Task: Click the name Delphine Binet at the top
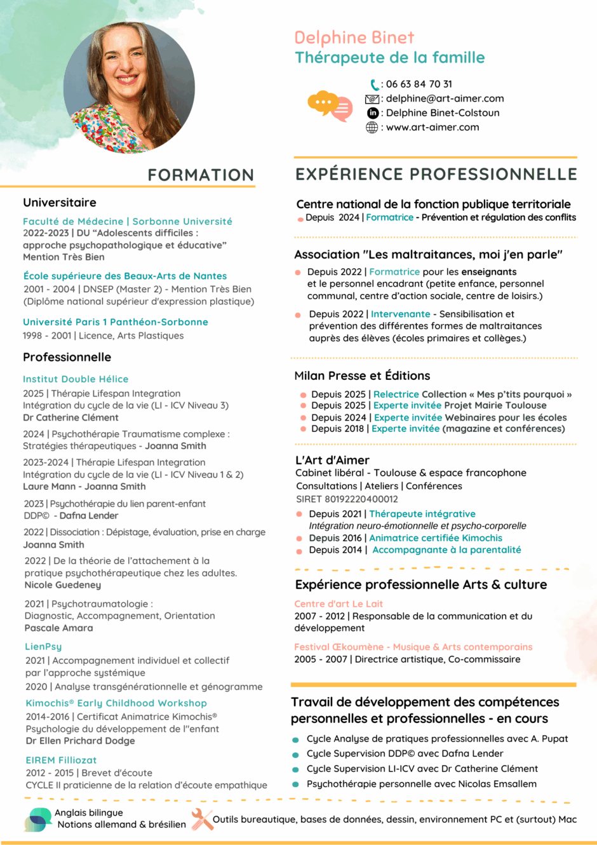click(x=354, y=37)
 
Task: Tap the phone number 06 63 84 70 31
click(x=419, y=84)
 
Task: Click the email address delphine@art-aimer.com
click(x=445, y=98)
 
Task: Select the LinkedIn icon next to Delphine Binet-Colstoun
click(x=373, y=112)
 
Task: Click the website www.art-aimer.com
click(x=433, y=127)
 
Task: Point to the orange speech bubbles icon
click(x=330, y=105)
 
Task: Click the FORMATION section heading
click(x=201, y=175)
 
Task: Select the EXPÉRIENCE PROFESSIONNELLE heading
click(x=436, y=174)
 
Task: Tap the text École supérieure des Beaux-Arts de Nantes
click(x=124, y=276)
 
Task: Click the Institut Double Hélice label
click(x=76, y=379)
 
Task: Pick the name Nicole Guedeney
click(x=63, y=585)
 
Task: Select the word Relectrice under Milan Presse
click(x=396, y=394)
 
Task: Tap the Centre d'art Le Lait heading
click(x=338, y=604)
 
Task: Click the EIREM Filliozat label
click(x=61, y=760)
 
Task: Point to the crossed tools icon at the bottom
click(x=202, y=819)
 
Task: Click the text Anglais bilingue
click(x=89, y=813)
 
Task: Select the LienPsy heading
click(x=43, y=646)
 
